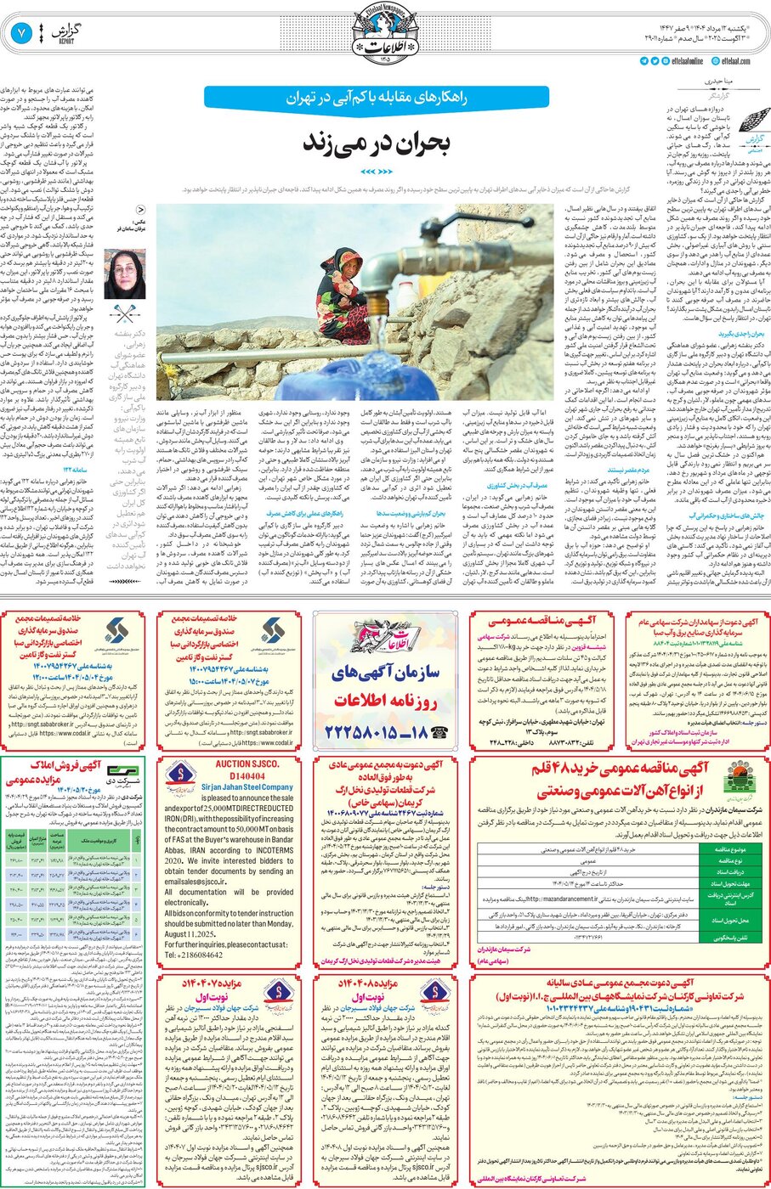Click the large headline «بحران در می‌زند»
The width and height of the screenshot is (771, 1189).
[377, 142]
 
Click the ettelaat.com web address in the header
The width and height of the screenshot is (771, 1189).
[735, 61]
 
